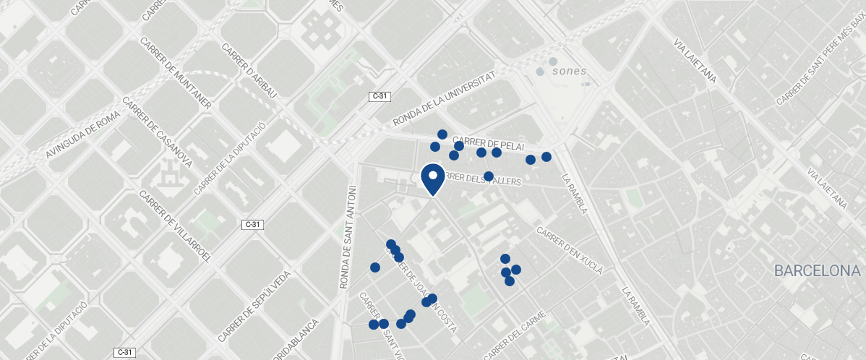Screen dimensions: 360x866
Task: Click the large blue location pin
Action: tap(432, 179)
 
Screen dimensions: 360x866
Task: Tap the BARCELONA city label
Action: tap(817, 271)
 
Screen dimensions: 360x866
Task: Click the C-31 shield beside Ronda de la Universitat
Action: tap(379, 96)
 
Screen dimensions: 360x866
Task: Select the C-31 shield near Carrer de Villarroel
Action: tap(252, 225)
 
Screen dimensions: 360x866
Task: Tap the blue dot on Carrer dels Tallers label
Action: tap(489, 176)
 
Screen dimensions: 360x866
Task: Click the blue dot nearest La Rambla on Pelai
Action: tap(546, 157)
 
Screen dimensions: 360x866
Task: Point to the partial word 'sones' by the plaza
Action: tap(569, 72)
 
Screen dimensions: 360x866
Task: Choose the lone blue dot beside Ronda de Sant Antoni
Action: tap(375, 267)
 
